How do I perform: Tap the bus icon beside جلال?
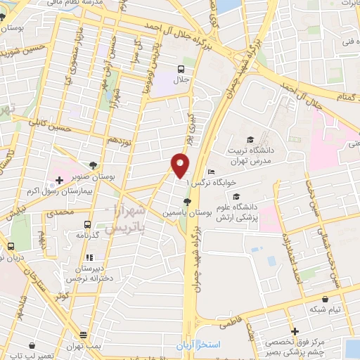pyautogui.click(x=182, y=70)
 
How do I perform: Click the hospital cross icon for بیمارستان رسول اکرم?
pyautogui.click(x=59, y=179)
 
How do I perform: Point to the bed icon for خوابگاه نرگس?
pyautogui.click(x=210, y=172)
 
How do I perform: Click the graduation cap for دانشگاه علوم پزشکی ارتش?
pyautogui.click(x=236, y=196)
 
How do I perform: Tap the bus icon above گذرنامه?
pyautogui.click(x=86, y=233)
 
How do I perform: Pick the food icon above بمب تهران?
pyautogui.click(x=84, y=335)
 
